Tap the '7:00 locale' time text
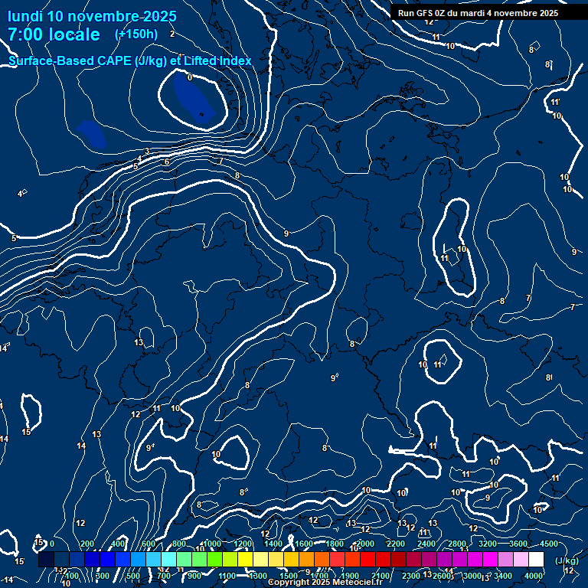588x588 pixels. (54, 34)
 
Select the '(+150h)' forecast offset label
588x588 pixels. (136, 34)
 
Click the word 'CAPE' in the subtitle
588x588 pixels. (114, 60)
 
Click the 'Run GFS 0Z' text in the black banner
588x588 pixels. (425, 13)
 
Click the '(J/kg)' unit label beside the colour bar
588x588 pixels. (567, 561)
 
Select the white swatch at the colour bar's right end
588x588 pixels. (536, 560)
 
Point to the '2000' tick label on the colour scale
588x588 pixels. (365, 544)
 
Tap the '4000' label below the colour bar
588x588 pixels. (534, 576)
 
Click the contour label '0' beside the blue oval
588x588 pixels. (190, 77)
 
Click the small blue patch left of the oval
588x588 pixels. (91, 132)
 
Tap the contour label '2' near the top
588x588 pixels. (172, 34)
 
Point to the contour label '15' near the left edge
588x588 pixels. (26, 433)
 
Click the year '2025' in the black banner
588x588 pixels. (546, 13)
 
